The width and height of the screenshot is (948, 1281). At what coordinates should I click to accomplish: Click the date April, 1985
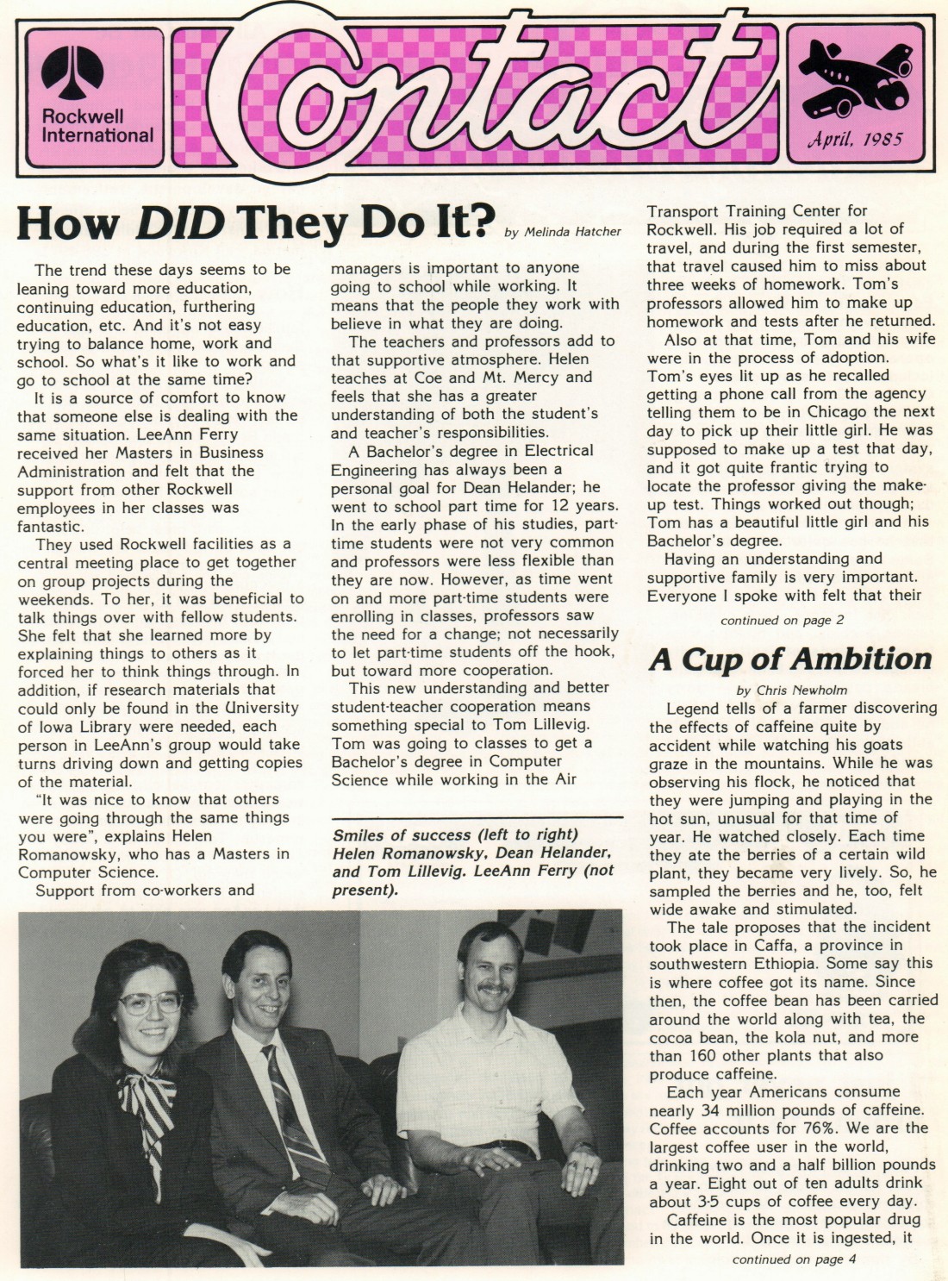click(x=855, y=139)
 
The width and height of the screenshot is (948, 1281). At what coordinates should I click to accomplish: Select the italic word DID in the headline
click(x=180, y=223)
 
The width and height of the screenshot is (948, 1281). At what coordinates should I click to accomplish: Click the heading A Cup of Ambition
click(x=790, y=659)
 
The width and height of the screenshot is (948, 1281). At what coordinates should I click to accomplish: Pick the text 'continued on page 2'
click(x=782, y=620)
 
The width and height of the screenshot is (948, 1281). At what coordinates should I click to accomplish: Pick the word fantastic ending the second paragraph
click(x=51, y=526)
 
